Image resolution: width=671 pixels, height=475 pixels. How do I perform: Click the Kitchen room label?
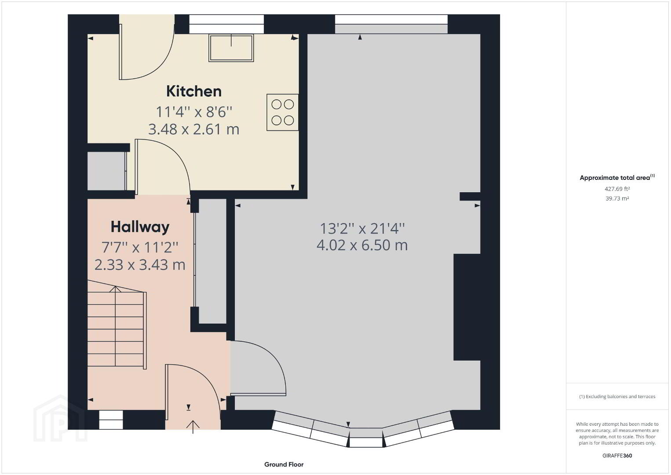coord(194,91)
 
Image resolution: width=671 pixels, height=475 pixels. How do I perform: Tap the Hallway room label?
coord(140,227)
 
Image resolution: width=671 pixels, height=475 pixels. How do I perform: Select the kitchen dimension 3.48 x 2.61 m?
coord(194,129)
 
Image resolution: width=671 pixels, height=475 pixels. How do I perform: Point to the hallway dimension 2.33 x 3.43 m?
coord(140,265)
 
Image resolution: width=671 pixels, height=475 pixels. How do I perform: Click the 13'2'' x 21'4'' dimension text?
coord(362,229)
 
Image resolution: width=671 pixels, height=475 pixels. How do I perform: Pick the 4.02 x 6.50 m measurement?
coord(362,245)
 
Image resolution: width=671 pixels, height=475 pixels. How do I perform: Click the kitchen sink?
coord(231,48)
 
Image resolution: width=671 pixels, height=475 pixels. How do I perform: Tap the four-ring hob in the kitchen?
coord(282,113)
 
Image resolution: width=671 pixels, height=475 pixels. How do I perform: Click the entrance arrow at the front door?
coord(193,427)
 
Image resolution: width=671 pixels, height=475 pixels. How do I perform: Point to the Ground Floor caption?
coord(284,464)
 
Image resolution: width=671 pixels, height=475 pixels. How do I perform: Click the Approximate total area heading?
coord(617,177)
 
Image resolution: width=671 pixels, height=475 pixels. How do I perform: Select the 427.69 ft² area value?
coord(617,189)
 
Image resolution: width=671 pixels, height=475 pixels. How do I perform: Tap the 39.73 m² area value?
coord(617,198)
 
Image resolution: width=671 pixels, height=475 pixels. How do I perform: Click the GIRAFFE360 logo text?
coord(617,456)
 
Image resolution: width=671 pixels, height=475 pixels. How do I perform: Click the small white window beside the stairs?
coord(111,420)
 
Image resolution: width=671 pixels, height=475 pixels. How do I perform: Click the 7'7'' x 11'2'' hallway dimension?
coord(140,248)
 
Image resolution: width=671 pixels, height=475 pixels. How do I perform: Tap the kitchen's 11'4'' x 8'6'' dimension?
coord(194,112)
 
